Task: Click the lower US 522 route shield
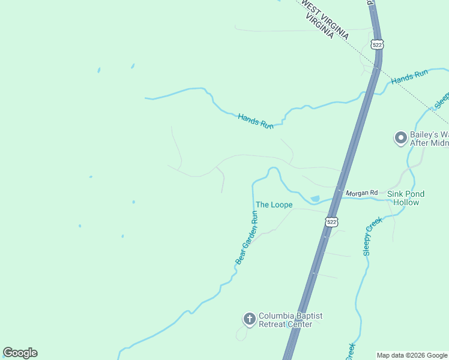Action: [x=332, y=222]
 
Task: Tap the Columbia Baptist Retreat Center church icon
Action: [x=249, y=319]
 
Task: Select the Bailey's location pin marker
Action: [x=400, y=138]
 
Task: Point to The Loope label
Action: [x=274, y=205]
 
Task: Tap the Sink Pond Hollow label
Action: [x=406, y=198]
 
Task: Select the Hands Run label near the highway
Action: [x=409, y=77]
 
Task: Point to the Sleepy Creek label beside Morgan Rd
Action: [x=372, y=236]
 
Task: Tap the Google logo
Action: [x=20, y=353]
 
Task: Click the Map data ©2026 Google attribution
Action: [x=412, y=355]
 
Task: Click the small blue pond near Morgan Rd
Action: [x=315, y=199]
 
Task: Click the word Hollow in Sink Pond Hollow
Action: [x=406, y=202]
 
